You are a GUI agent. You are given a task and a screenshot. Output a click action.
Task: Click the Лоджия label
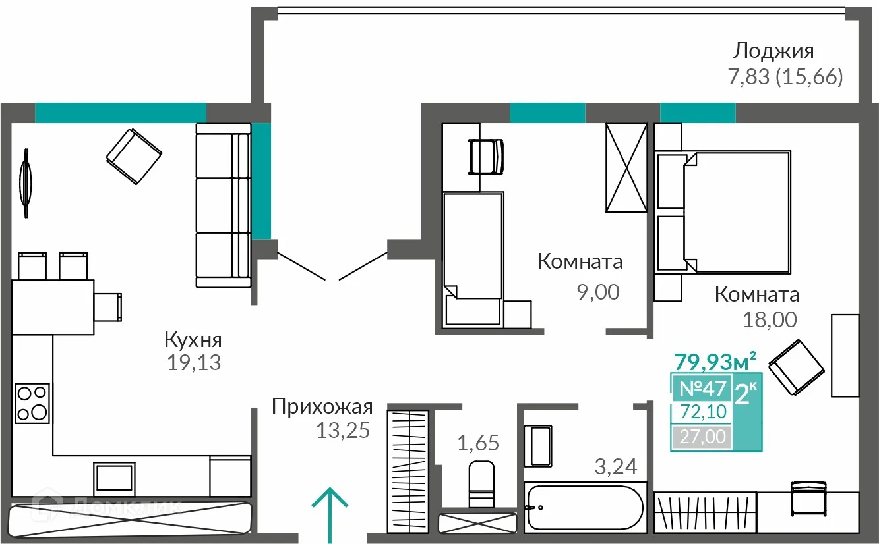[x=774, y=51]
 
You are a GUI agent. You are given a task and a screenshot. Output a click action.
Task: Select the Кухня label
[x=193, y=340]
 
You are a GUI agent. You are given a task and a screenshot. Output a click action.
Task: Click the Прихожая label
[x=322, y=407]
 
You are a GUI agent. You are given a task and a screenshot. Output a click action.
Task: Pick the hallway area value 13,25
[x=342, y=430]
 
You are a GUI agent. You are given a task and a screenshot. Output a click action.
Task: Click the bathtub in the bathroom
[x=584, y=508]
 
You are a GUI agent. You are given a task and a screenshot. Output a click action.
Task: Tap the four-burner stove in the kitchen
[x=32, y=402]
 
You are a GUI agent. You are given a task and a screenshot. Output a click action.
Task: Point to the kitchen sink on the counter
[x=115, y=477]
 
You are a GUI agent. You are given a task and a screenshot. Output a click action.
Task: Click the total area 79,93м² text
[x=714, y=361]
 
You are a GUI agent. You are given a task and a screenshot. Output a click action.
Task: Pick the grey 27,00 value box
[x=702, y=436]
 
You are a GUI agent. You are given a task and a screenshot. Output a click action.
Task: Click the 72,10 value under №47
[x=702, y=412]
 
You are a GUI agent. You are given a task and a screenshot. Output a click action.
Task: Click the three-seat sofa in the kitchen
[x=223, y=205]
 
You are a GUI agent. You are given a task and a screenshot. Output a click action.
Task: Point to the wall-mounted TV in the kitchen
[x=26, y=182]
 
